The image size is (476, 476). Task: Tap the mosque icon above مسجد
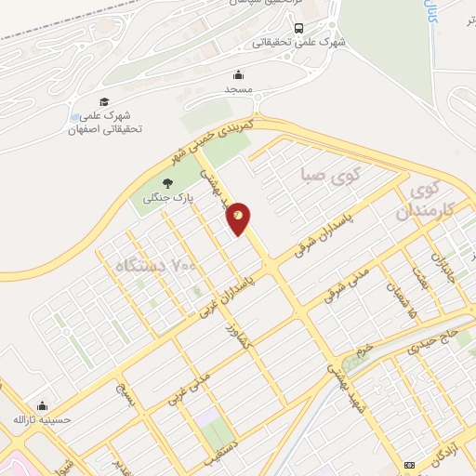click(x=238, y=74)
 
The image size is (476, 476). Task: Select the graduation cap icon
click(x=104, y=101)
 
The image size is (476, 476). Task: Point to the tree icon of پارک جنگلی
click(x=167, y=183)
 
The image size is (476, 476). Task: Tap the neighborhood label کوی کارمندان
click(x=430, y=201)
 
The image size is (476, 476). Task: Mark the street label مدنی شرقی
click(x=346, y=284)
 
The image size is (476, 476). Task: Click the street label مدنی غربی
click(x=189, y=389)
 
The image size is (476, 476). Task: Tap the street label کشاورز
click(x=228, y=344)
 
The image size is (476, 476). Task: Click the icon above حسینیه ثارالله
click(x=41, y=405)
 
